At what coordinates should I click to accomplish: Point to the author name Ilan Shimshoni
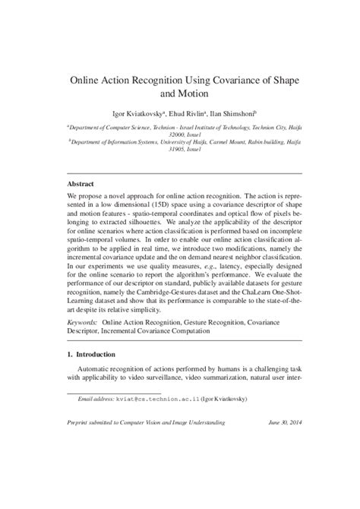coord(232,112)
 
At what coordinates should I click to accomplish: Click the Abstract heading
coord(81,184)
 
